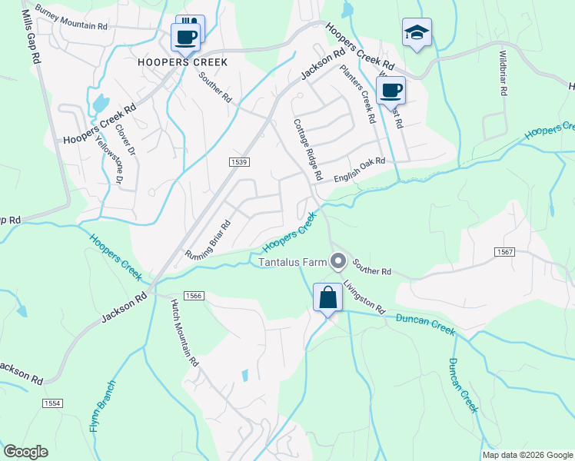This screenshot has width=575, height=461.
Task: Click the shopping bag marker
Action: tap(328, 297)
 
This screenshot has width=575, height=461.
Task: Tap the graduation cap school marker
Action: tap(417, 32)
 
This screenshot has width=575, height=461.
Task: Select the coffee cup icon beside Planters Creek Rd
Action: tap(391, 90)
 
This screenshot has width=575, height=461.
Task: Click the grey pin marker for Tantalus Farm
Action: tap(337, 262)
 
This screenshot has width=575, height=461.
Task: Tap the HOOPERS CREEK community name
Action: tap(182, 61)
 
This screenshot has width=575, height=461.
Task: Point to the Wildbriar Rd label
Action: tap(503, 74)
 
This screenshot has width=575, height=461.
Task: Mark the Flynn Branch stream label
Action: tap(101, 405)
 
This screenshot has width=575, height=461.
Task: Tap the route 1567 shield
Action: tap(505, 252)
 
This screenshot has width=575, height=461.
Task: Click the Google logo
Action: tap(25, 452)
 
